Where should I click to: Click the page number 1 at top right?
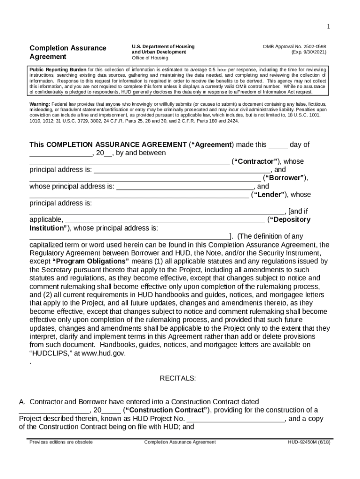point(328,27)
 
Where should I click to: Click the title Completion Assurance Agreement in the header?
point(68,52)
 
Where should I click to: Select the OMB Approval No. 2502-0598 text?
point(294,46)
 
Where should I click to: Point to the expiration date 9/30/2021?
point(308,52)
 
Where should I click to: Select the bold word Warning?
point(40,103)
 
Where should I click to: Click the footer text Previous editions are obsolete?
point(61,442)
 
